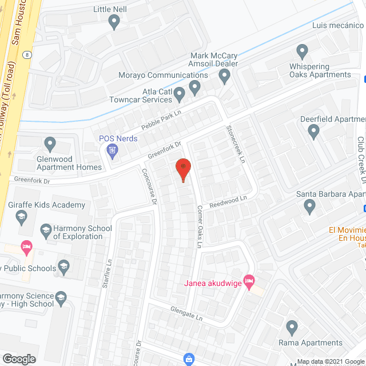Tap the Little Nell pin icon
[114, 22]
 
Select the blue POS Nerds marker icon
[113, 151]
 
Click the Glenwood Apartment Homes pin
[50, 144]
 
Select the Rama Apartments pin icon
[292, 328]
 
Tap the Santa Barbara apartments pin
[309, 206]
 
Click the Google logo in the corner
[18, 359]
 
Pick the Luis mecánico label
[337, 26]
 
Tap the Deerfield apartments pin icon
[313, 132]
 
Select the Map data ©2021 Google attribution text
[327, 362]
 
